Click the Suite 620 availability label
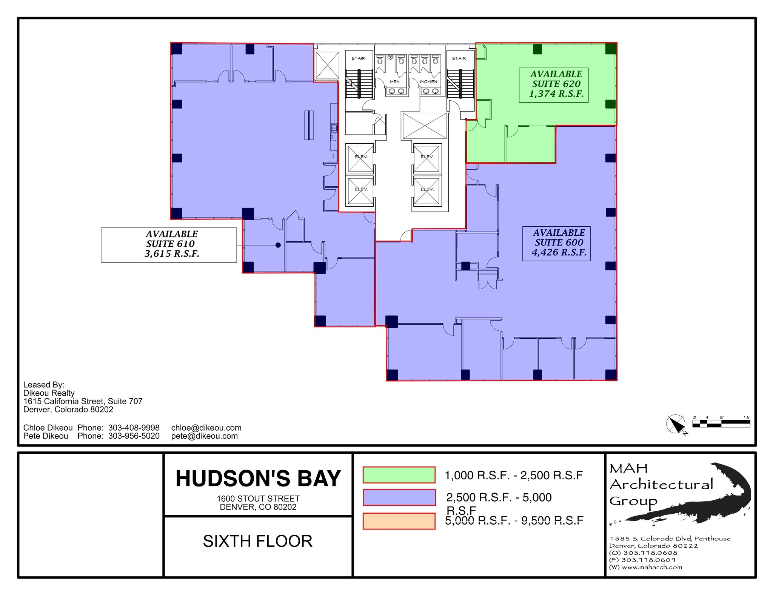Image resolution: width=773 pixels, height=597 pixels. (x=556, y=84)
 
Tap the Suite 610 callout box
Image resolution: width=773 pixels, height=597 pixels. (x=169, y=244)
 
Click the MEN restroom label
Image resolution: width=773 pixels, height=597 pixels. (x=394, y=81)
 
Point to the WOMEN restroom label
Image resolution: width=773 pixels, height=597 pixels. (x=428, y=81)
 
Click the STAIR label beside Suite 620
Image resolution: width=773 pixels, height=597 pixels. (x=459, y=58)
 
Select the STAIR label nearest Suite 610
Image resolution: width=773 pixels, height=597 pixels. (x=358, y=58)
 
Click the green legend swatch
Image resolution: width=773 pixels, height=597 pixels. (x=399, y=475)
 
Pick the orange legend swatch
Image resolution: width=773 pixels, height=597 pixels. (x=399, y=521)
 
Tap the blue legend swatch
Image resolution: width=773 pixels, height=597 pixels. (x=399, y=497)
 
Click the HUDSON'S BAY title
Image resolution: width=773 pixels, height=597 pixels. (x=258, y=479)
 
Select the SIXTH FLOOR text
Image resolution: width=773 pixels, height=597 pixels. (x=258, y=541)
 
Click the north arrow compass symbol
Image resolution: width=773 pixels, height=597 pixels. (x=675, y=425)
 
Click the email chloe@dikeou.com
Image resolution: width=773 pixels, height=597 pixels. (x=206, y=428)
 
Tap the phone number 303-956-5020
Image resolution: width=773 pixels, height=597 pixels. (x=134, y=436)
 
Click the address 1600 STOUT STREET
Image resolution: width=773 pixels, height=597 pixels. (x=258, y=499)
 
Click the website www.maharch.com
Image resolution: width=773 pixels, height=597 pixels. (x=651, y=567)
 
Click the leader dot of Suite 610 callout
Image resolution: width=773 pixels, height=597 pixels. (x=278, y=245)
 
